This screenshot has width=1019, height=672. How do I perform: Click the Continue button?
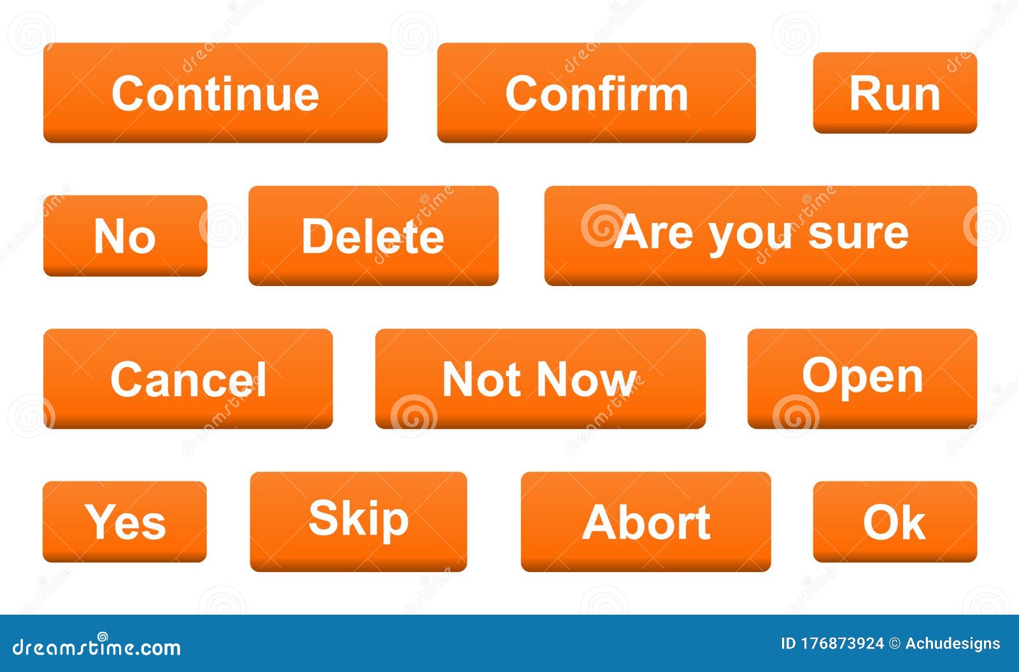click(215, 93)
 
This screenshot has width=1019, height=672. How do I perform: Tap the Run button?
click(895, 93)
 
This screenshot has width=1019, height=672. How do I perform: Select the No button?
click(125, 236)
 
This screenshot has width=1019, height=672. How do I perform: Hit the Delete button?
click(373, 236)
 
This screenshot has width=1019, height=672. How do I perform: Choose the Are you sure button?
click(760, 236)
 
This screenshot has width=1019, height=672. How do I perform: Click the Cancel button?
click(188, 379)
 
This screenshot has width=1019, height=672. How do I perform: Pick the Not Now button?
click(540, 379)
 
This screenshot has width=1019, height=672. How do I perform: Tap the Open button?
click(862, 379)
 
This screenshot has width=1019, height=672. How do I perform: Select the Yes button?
click(125, 522)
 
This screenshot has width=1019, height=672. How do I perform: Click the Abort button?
click(646, 522)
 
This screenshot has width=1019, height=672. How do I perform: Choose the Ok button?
click(895, 522)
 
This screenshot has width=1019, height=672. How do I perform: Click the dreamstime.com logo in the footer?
click(97, 647)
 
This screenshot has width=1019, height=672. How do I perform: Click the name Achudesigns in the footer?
click(953, 644)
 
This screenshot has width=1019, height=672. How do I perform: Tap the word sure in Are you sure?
click(858, 233)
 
